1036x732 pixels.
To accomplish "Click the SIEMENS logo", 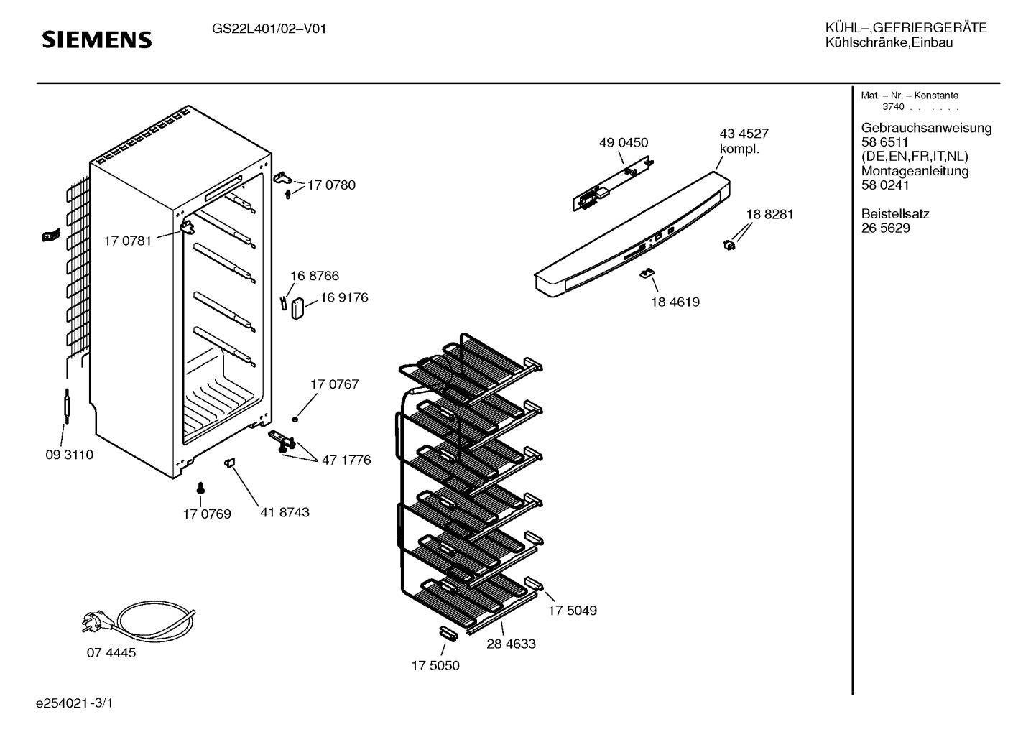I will point(97,40).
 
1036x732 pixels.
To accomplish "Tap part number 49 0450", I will point(624,143).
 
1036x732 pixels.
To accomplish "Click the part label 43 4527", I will point(744,134).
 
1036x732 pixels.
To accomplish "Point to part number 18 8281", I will point(769,214).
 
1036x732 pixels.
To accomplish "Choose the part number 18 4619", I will point(675,302).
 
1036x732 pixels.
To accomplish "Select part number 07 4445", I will point(111,653).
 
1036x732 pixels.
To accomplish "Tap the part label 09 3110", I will point(69,455).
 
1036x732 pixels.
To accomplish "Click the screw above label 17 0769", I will point(201,488).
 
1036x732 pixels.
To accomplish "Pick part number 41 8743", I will point(285,512).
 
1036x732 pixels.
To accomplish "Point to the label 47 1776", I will point(346,460).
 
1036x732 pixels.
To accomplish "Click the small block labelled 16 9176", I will point(297,307).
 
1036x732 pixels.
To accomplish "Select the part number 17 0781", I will point(128,241).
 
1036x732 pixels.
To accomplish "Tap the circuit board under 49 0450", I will point(611,185).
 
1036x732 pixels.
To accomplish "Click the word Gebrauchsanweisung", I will point(926,128).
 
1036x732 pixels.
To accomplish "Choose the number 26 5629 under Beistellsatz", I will point(885,228).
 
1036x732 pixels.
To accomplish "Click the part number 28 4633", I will point(511,644).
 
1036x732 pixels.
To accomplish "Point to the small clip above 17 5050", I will point(448,633).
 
